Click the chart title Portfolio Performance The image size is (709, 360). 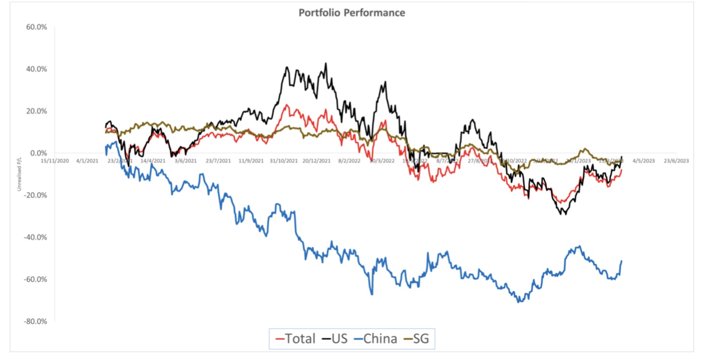351,13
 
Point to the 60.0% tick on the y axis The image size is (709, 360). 37,27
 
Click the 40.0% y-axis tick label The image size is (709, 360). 37,69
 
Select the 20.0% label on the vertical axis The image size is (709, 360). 37,111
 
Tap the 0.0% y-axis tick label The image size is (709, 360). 38,153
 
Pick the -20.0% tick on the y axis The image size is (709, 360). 36,195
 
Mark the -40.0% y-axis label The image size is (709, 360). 36,237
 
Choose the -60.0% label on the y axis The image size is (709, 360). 36,279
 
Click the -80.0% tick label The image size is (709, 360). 36,321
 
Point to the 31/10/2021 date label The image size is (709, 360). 283,161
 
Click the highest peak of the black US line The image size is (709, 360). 326,63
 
